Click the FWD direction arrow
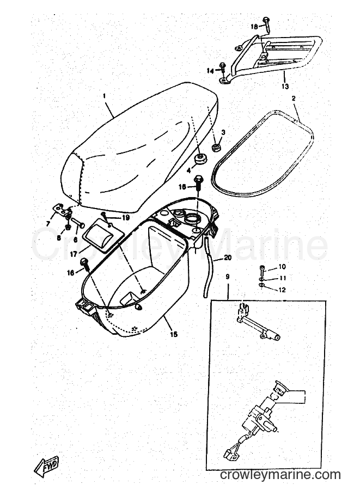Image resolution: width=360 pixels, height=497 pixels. point(46,466)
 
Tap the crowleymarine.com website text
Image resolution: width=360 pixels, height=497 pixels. point(280,475)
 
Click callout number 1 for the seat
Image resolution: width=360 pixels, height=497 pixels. point(105,95)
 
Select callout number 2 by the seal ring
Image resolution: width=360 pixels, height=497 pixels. point(294,99)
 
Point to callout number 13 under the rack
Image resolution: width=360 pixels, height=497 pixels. point(285,86)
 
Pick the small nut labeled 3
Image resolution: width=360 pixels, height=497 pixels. point(216,147)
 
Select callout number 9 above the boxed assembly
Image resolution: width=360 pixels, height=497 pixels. point(227,277)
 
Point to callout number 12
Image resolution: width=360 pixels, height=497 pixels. point(282,290)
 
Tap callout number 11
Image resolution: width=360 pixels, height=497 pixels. point(283,278)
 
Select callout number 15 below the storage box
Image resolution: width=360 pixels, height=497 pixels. point(174,334)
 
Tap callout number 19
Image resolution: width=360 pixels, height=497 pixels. point(117,217)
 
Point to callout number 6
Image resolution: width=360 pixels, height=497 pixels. point(75,240)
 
